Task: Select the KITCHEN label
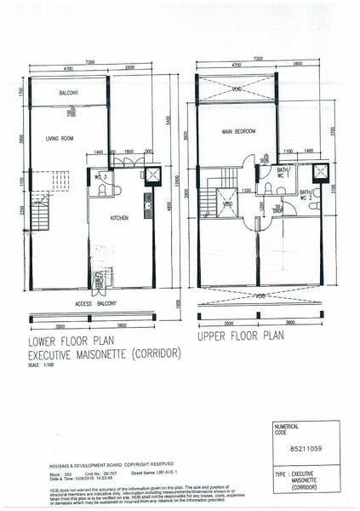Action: tap(120, 219)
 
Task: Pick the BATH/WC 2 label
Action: tap(304, 195)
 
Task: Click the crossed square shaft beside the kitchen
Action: tap(152, 176)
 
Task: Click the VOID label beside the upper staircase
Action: tap(227, 204)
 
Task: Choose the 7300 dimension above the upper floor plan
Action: tap(257, 60)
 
